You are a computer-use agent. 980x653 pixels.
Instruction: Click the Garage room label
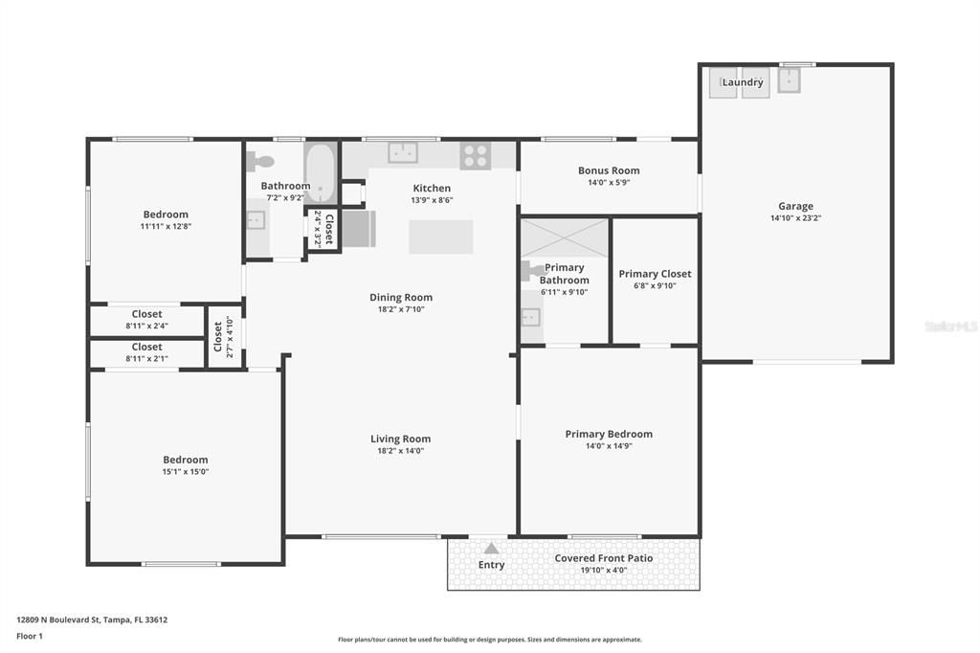[x=795, y=206]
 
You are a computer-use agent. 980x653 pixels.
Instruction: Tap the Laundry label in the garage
[x=743, y=82]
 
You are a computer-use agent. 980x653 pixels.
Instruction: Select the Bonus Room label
[x=609, y=170]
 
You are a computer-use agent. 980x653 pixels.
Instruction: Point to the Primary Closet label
[x=655, y=274]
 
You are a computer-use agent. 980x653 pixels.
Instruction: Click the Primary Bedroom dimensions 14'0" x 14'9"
[x=609, y=446]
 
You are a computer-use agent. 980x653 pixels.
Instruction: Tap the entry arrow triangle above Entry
[x=491, y=549]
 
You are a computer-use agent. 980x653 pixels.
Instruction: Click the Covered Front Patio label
[x=604, y=558]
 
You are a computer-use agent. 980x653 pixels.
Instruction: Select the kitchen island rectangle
[x=441, y=236]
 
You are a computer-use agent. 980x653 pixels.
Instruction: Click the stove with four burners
[x=476, y=155]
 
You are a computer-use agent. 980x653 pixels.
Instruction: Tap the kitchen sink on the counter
[x=403, y=152]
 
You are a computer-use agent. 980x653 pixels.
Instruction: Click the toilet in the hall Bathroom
[x=259, y=162]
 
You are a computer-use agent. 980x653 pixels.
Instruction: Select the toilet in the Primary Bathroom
[x=532, y=271]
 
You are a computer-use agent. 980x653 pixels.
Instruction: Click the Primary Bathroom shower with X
[x=565, y=237]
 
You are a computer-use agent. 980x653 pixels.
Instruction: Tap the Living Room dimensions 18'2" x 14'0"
[x=402, y=451]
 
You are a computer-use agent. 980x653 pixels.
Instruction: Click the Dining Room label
[x=401, y=297]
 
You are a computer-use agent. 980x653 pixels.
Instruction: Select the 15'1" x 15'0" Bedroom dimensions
[x=185, y=472]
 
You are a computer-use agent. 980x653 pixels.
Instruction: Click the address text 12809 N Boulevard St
[x=92, y=619]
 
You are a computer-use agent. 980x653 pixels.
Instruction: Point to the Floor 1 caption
[x=30, y=636]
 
